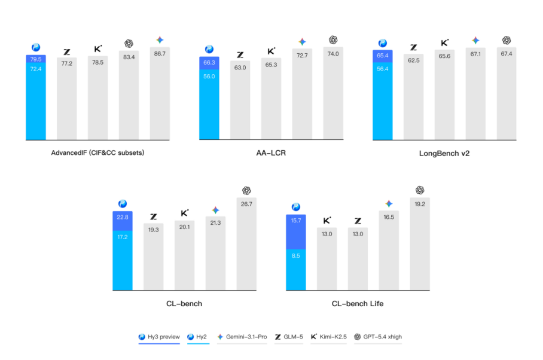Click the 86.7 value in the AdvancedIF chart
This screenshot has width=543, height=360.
(x=160, y=54)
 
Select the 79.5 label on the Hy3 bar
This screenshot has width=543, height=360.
(x=35, y=59)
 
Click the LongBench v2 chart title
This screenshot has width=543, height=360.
(x=444, y=153)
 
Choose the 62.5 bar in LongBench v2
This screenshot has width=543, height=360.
(x=413, y=98)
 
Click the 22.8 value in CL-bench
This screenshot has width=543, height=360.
(x=123, y=217)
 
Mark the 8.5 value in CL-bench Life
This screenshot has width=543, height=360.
(x=296, y=255)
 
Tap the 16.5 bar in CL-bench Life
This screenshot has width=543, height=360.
(x=389, y=250)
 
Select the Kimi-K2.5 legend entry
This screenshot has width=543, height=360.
(x=330, y=337)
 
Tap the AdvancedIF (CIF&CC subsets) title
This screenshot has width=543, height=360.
(x=97, y=153)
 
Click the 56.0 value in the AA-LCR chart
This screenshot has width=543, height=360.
(x=209, y=77)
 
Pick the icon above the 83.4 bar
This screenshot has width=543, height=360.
(x=129, y=43)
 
